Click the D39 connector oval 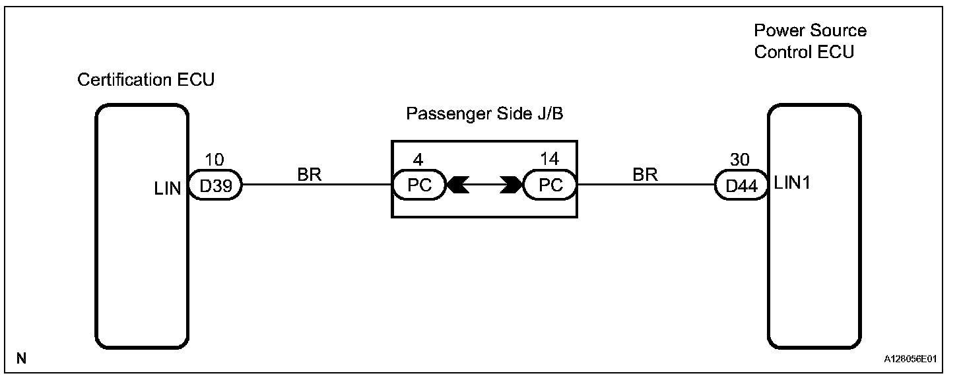(216, 185)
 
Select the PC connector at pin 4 (419, 185)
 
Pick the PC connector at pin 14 (550, 185)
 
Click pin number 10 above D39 (215, 161)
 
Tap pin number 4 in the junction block (418, 161)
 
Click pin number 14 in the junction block (549, 161)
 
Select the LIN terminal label (168, 191)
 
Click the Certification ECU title (146, 80)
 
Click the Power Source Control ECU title (810, 41)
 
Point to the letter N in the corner (22, 358)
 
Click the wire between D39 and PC (317, 185)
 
